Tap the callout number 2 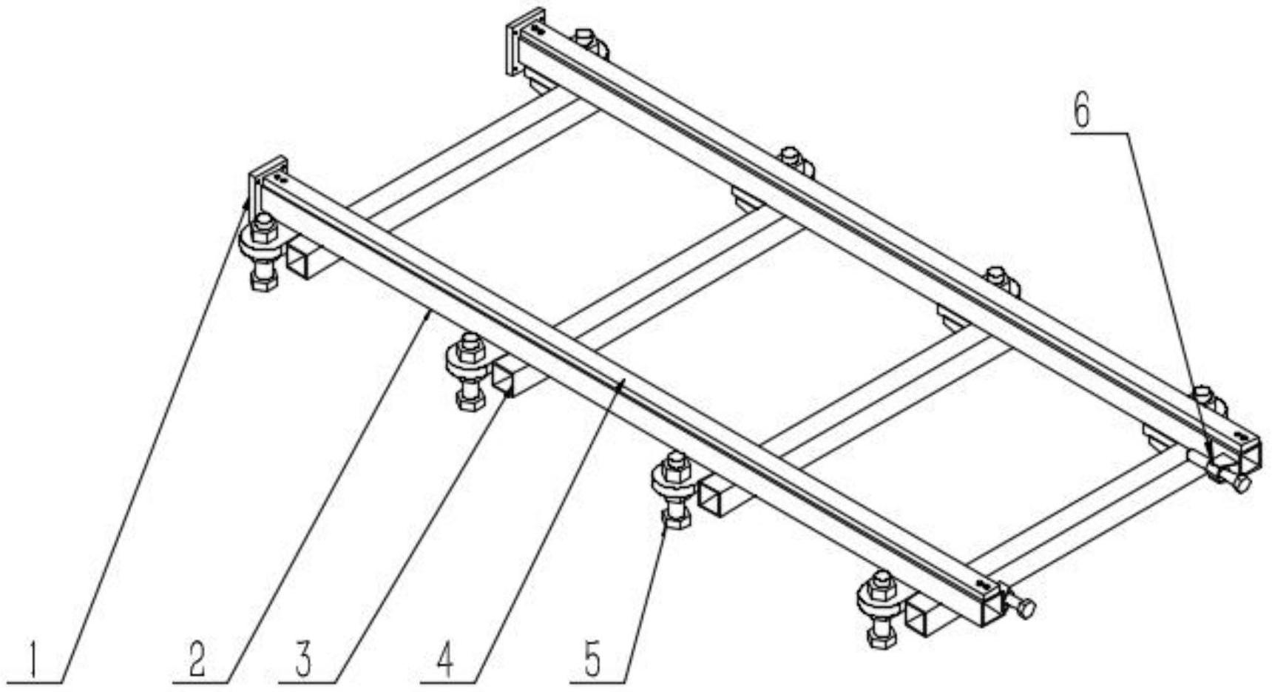click(197, 661)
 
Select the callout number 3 click(303, 661)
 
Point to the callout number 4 click(444, 661)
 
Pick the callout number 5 click(593, 661)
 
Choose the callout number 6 click(1081, 112)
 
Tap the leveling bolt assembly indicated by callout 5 click(672, 489)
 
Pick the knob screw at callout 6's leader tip click(1231, 477)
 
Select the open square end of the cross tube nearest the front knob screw click(919, 617)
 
